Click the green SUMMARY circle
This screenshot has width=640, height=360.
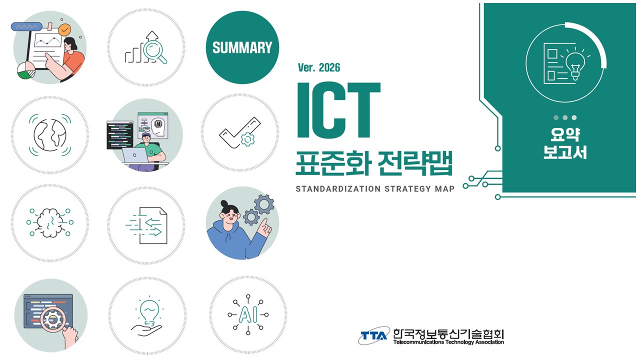[x=242, y=48]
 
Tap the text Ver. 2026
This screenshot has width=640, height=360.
[x=318, y=67]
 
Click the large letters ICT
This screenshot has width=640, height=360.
[x=338, y=110]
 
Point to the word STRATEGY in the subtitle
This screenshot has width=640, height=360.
[x=402, y=189]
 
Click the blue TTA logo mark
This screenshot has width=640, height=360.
[x=374, y=335]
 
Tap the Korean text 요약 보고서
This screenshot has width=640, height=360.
[x=565, y=143]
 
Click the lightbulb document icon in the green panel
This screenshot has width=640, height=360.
[x=565, y=62]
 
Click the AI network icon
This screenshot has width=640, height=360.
[x=248, y=314]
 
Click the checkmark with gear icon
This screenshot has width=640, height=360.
[x=240, y=132]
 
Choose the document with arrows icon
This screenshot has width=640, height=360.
[x=146, y=225]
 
